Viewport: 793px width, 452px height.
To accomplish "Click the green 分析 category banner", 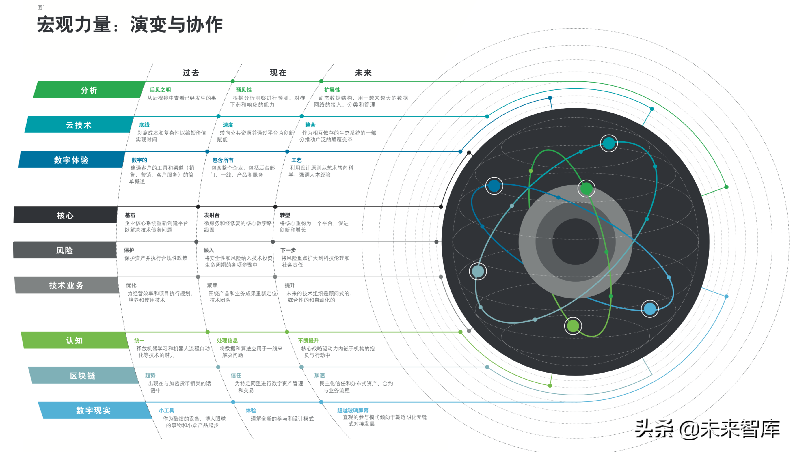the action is coord(90,90).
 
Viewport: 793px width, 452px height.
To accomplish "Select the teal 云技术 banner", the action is coord(79,124).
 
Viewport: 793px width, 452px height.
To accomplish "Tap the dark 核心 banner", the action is coord(65,215).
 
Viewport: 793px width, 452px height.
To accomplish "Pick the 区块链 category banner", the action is coord(83,375).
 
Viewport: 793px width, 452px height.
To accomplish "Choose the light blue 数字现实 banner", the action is coord(94,410).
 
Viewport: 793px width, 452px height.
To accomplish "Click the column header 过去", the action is coord(191,73).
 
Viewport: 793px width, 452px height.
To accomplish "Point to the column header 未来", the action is coord(363,73).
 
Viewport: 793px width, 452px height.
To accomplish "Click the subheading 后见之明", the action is coord(160,90).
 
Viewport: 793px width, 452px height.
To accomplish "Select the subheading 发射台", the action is coord(212,215).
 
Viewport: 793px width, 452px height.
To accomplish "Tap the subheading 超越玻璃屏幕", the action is coord(353,410).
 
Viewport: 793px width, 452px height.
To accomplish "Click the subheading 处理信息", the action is coord(227,340).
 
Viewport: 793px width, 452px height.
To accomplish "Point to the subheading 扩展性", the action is coord(332,90).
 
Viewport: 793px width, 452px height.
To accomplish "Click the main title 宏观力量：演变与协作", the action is coord(130,24).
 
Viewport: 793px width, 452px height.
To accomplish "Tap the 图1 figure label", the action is coord(41,8).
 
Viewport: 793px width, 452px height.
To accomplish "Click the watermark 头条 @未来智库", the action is coord(707,429).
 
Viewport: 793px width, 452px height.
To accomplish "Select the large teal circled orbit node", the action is coord(608,143).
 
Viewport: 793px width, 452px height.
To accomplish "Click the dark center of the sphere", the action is coord(575,242).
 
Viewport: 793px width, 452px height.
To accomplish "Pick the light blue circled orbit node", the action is coord(649,309).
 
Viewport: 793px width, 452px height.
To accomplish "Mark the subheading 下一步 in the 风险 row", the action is coord(288,250).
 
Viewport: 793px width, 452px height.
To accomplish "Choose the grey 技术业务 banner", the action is coord(66,285).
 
